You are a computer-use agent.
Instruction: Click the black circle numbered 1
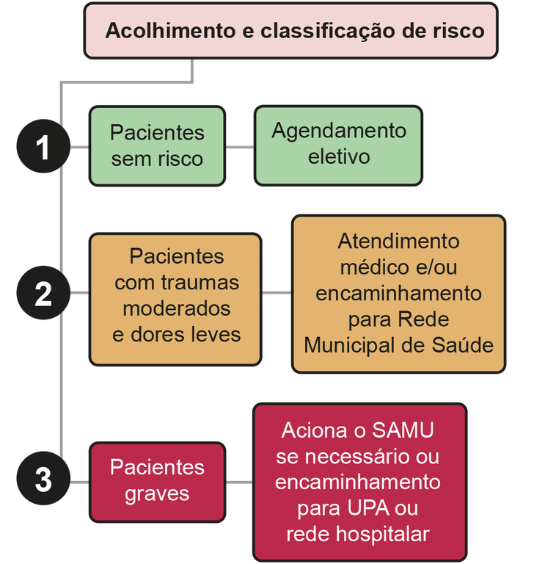click(43, 148)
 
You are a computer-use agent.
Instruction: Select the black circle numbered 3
click(43, 480)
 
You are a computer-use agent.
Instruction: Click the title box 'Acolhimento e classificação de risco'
click(290, 31)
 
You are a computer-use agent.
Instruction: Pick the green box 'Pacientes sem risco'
click(156, 145)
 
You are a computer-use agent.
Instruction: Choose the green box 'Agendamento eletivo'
click(338, 145)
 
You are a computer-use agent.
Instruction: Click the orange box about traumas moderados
click(175, 299)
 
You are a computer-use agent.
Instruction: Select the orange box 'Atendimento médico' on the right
click(398, 294)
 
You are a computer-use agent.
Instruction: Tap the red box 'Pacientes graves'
click(156, 481)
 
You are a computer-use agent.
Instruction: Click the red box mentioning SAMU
click(359, 481)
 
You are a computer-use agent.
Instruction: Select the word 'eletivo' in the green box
click(339, 157)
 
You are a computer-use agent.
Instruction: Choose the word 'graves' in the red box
click(157, 493)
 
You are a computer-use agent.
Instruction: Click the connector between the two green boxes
click(239, 147)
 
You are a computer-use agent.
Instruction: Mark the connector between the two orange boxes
click(277, 293)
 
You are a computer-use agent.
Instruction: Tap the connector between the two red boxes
click(239, 482)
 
